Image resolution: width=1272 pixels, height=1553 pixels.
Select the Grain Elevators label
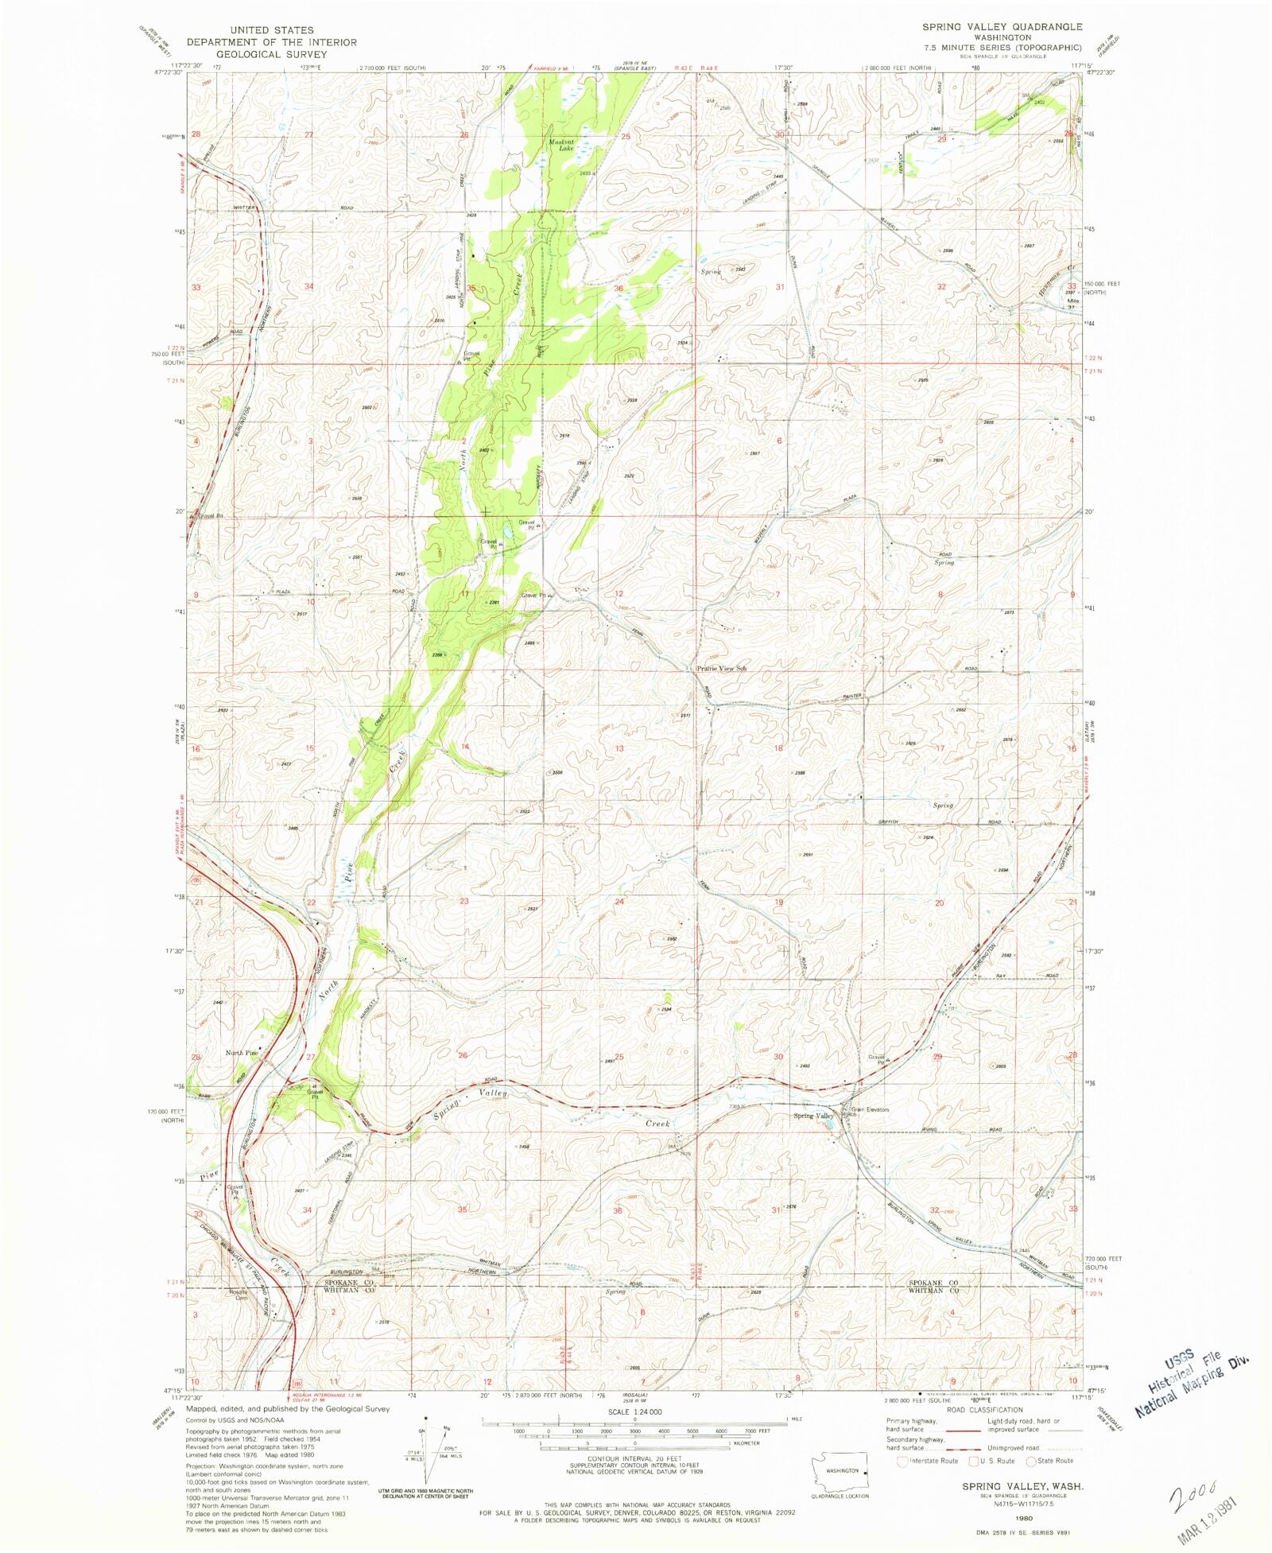pyautogui.click(x=870, y=1109)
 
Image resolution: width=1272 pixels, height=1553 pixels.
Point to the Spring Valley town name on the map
pyautogui.click(x=812, y=1116)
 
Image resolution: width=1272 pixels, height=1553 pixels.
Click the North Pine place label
pyautogui.click(x=241, y=1053)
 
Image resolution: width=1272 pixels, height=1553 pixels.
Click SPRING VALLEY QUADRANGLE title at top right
pyautogui.click(x=1002, y=27)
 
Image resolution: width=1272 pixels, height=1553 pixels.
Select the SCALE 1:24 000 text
pyautogui.click(x=634, y=1411)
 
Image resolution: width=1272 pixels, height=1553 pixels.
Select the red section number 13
pyautogui.click(x=619, y=748)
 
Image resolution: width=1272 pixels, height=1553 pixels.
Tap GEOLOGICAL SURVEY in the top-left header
pyautogui.click(x=272, y=54)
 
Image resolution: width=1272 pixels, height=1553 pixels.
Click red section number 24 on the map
pyautogui.click(x=619, y=902)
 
